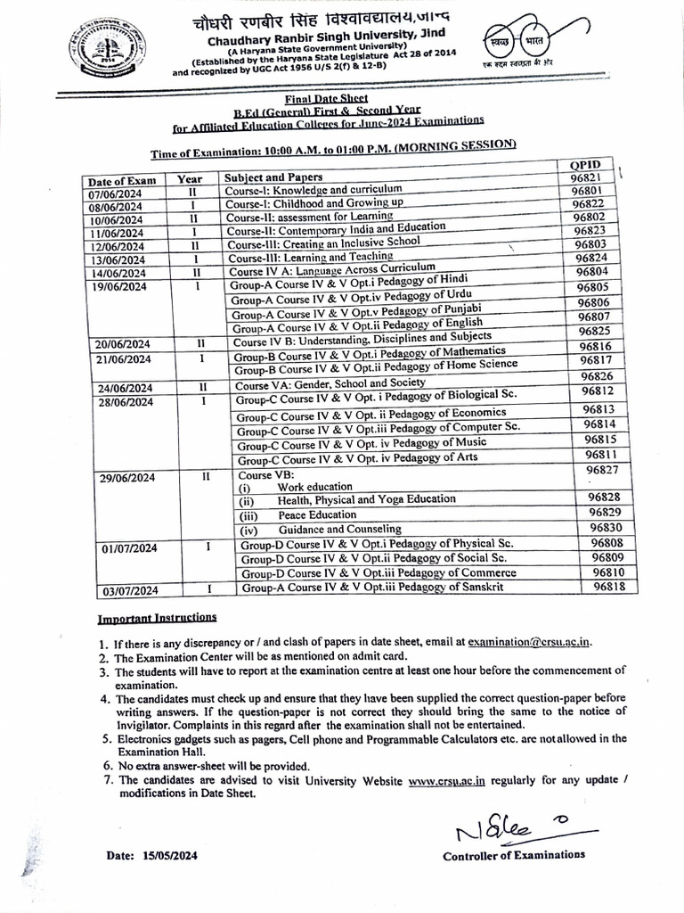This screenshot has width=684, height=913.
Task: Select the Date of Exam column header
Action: pos(122,181)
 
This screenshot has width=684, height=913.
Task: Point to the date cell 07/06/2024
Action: pos(116,194)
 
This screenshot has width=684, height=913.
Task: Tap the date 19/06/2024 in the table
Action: pos(118,287)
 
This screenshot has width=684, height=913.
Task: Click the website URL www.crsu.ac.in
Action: pos(446,781)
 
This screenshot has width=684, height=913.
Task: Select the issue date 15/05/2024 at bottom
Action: pos(152,856)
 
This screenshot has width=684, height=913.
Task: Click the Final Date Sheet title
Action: pos(327,101)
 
